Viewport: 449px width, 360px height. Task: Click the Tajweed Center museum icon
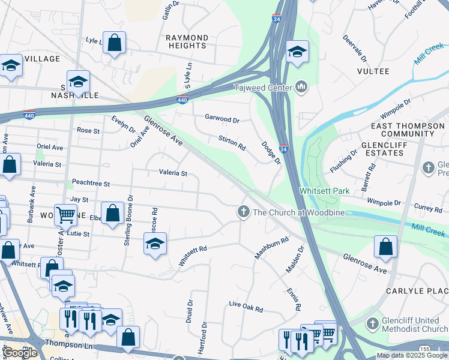(301, 88)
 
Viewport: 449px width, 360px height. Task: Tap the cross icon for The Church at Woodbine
(243, 211)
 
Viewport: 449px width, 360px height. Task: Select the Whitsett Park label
(324, 191)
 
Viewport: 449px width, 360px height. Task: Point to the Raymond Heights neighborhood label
(187, 41)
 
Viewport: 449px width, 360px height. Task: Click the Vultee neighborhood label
(373, 71)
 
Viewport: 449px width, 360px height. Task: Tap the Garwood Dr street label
(222, 119)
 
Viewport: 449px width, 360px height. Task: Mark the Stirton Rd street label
(232, 143)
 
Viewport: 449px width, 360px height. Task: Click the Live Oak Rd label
(246, 307)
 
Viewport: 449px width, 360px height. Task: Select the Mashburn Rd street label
(271, 247)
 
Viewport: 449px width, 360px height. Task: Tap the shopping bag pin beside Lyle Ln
(114, 43)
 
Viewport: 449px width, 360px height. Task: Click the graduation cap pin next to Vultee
(297, 52)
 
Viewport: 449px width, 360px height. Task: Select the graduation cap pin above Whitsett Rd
(155, 244)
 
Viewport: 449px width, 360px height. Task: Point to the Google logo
(20, 353)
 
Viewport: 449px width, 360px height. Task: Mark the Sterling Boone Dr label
(128, 220)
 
